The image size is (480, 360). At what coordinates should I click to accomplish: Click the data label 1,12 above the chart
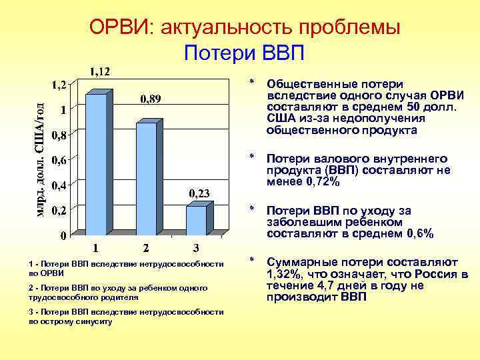click(x=100, y=71)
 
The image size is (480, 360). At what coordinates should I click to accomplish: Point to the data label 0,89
click(x=150, y=99)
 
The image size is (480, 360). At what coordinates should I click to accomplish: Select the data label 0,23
click(x=200, y=193)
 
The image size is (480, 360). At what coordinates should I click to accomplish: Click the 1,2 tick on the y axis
click(x=59, y=85)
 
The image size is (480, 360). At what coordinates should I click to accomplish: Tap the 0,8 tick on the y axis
click(x=59, y=135)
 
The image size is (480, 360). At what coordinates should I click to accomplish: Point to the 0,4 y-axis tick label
click(x=59, y=185)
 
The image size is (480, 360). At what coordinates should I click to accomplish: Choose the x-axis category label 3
click(x=195, y=249)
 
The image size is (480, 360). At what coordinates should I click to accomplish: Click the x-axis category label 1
click(x=96, y=249)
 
